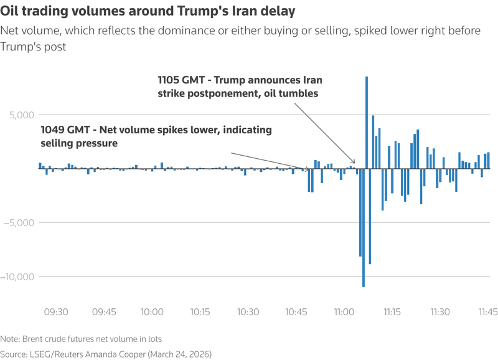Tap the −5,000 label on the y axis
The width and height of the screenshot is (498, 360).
[20, 223]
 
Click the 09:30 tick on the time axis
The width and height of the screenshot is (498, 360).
[56, 311]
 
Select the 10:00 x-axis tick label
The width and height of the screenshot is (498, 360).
[152, 311]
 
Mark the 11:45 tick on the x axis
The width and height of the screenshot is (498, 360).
[487, 311]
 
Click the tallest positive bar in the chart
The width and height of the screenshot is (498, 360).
[367, 122]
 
